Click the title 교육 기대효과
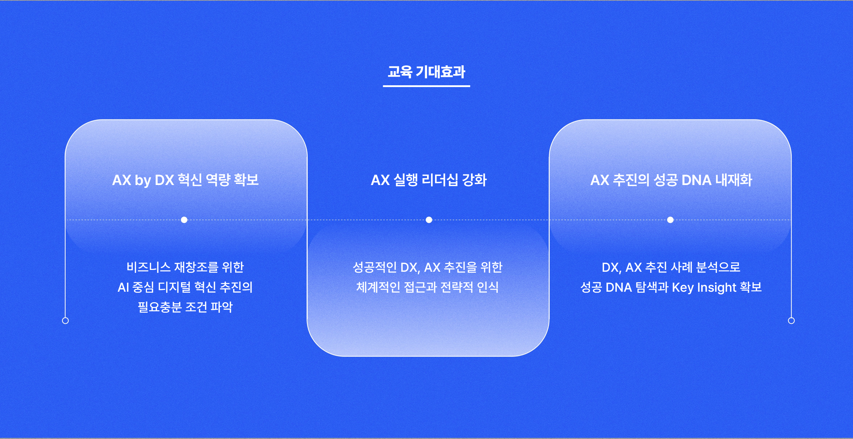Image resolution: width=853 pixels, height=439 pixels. tap(426, 72)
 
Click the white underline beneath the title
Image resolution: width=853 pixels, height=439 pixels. tap(426, 86)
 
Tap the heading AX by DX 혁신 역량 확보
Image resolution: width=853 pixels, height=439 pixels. tap(185, 180)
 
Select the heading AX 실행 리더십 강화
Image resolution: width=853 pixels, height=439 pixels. tap(428, 180)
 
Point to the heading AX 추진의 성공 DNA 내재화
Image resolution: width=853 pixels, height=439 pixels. tap(671, 180)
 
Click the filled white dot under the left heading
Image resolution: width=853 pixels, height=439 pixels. tap(184, 220)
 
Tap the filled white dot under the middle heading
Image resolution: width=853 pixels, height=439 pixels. tap(429, 220)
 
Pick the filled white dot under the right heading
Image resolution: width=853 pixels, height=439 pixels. tap(670, 220)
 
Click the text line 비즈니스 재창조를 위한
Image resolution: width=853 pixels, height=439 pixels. tap(185, 267)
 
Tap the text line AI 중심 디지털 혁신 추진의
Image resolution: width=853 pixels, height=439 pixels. tap(185, 287)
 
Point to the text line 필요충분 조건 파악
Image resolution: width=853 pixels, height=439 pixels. tap(185, 307)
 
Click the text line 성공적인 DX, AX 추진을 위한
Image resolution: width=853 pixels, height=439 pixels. tap(427, 267)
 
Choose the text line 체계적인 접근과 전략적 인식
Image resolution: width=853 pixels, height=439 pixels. tap(427, 287)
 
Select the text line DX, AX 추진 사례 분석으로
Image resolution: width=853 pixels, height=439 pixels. tap(671, 267)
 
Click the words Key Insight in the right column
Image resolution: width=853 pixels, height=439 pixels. tap(704, 288)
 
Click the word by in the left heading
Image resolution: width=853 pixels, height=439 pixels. tap(143, 181)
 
